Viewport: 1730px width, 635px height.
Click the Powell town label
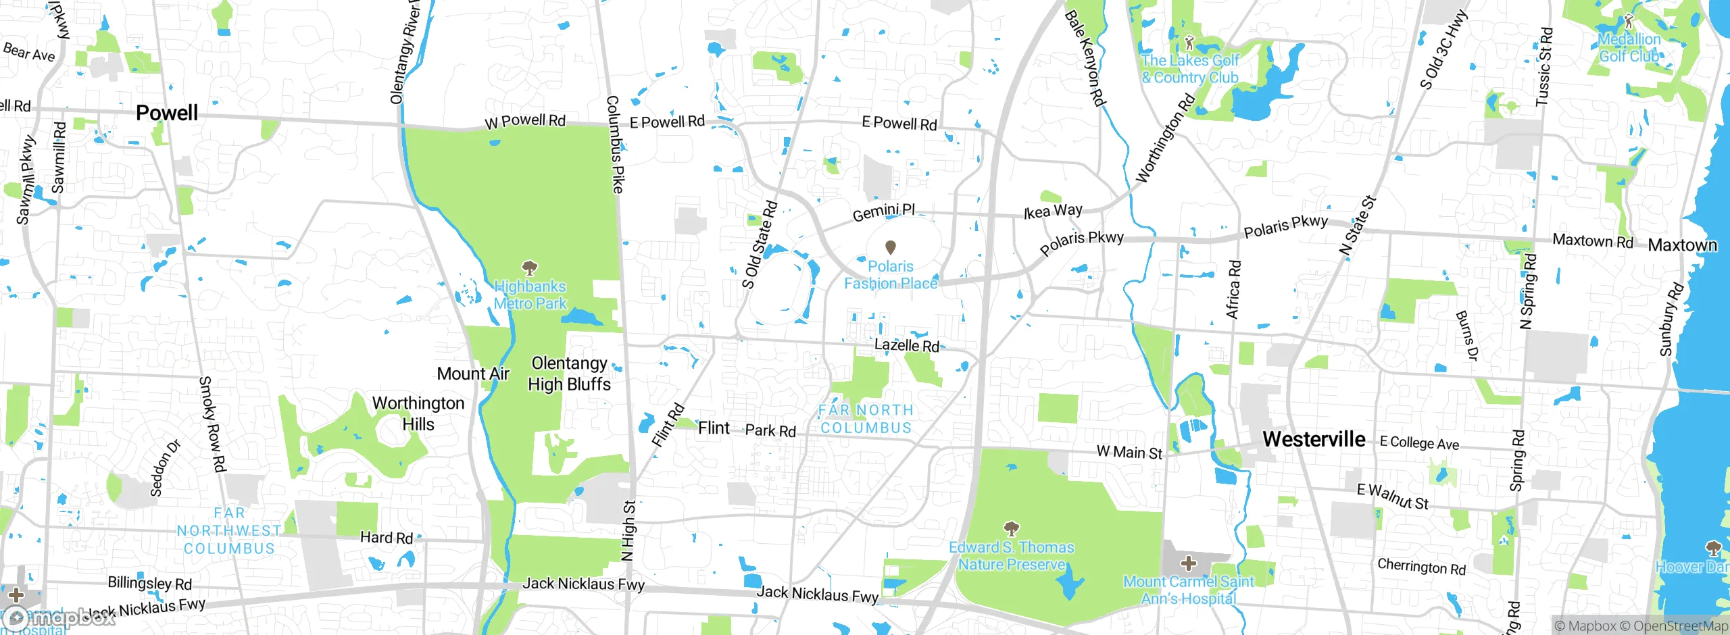coord(167,113)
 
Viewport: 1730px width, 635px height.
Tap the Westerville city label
coord(1314,439)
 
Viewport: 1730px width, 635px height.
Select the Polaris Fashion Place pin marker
coord(891,248)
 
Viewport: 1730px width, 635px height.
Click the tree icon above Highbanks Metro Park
coord(530,268)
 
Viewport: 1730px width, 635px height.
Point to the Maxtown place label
coord(1682,245)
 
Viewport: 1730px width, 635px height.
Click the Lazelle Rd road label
coord(906,345)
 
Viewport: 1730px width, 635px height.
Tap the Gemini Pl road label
coord(883,212)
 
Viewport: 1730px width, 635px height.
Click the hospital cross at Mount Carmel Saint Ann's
coord(1189,563)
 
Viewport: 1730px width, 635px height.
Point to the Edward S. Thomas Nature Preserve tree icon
coord(1011,528)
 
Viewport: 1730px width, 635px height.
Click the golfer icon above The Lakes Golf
coord(1190,43)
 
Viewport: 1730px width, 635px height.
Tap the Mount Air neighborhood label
coord(473,374)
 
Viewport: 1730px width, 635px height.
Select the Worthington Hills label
coord(418,413)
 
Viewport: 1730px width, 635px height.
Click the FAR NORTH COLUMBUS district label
coord(866,419)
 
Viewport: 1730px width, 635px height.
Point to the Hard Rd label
coord(386,538)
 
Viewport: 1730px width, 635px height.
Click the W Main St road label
coord(1129,452)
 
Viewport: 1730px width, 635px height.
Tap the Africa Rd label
coord(1233,289)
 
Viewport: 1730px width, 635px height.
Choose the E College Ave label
coord(1419,443)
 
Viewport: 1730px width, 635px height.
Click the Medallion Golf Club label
coord(1629,47)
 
